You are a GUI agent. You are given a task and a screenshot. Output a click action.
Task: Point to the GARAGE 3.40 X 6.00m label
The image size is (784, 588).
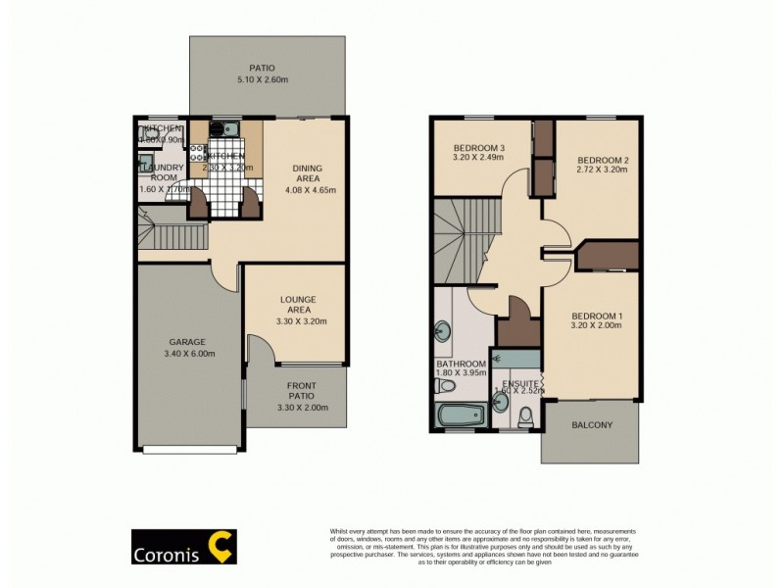coord(186,348)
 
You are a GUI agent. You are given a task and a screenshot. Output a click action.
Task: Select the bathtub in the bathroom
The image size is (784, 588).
coord(458,414)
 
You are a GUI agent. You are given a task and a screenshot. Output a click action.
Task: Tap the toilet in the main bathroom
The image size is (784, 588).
coord(440,386)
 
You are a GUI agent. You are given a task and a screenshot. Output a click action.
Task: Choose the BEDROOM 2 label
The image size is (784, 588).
coord(602,166)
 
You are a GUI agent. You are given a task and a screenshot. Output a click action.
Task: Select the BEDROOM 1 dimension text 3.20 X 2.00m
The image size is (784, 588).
coord(596,326)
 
